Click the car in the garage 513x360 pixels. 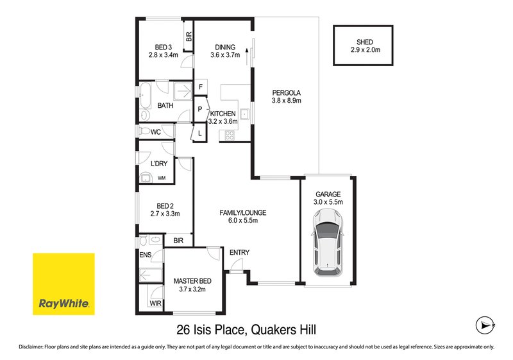click(x=328, y=246)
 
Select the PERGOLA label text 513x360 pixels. click(x=286, y=91)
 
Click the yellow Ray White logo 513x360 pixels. click(x=63, y=284)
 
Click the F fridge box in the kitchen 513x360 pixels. click(x=201, y=87)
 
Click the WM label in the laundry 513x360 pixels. click(x=162, y=178)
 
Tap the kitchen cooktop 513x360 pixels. click(x=228, y=134)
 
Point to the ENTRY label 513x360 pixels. click(x=239, y=252)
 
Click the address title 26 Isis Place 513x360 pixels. click(x=247, y=329)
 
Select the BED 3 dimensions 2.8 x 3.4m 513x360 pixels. click(x=164, y=55)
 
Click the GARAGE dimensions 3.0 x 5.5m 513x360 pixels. click(x=328, y=202)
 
